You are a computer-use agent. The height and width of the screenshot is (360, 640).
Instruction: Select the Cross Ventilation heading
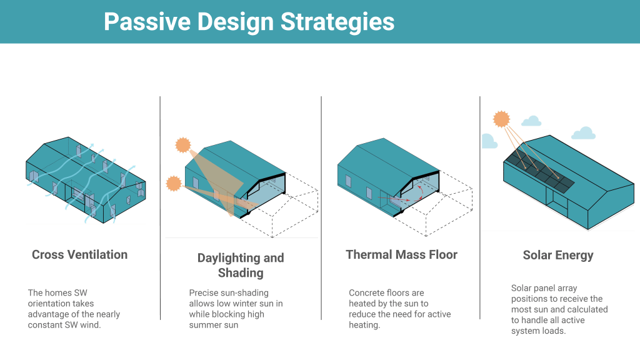(79, 255)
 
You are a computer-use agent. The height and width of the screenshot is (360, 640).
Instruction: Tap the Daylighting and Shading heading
(241, 265)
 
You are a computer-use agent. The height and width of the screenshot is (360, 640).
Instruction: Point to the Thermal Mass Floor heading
(402, 255)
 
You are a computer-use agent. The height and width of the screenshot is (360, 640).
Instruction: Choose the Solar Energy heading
(558, 256)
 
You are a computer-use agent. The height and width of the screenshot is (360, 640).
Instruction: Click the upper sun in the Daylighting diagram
(183, 145)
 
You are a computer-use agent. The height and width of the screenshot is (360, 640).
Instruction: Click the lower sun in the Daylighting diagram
(174, 184)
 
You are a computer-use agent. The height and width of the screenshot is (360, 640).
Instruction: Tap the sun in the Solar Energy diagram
(501, 119)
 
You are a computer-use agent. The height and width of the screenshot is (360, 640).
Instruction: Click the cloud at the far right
(583, 134)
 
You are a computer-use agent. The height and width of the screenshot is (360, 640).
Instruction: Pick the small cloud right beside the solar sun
(531, 121)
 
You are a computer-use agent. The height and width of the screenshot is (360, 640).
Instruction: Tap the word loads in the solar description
(554, 331)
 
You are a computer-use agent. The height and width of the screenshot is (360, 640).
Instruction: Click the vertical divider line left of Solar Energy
(480, 207)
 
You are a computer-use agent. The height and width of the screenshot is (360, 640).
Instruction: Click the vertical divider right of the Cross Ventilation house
(160, 207)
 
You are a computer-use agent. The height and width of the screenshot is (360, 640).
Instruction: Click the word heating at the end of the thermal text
(364, 325)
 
